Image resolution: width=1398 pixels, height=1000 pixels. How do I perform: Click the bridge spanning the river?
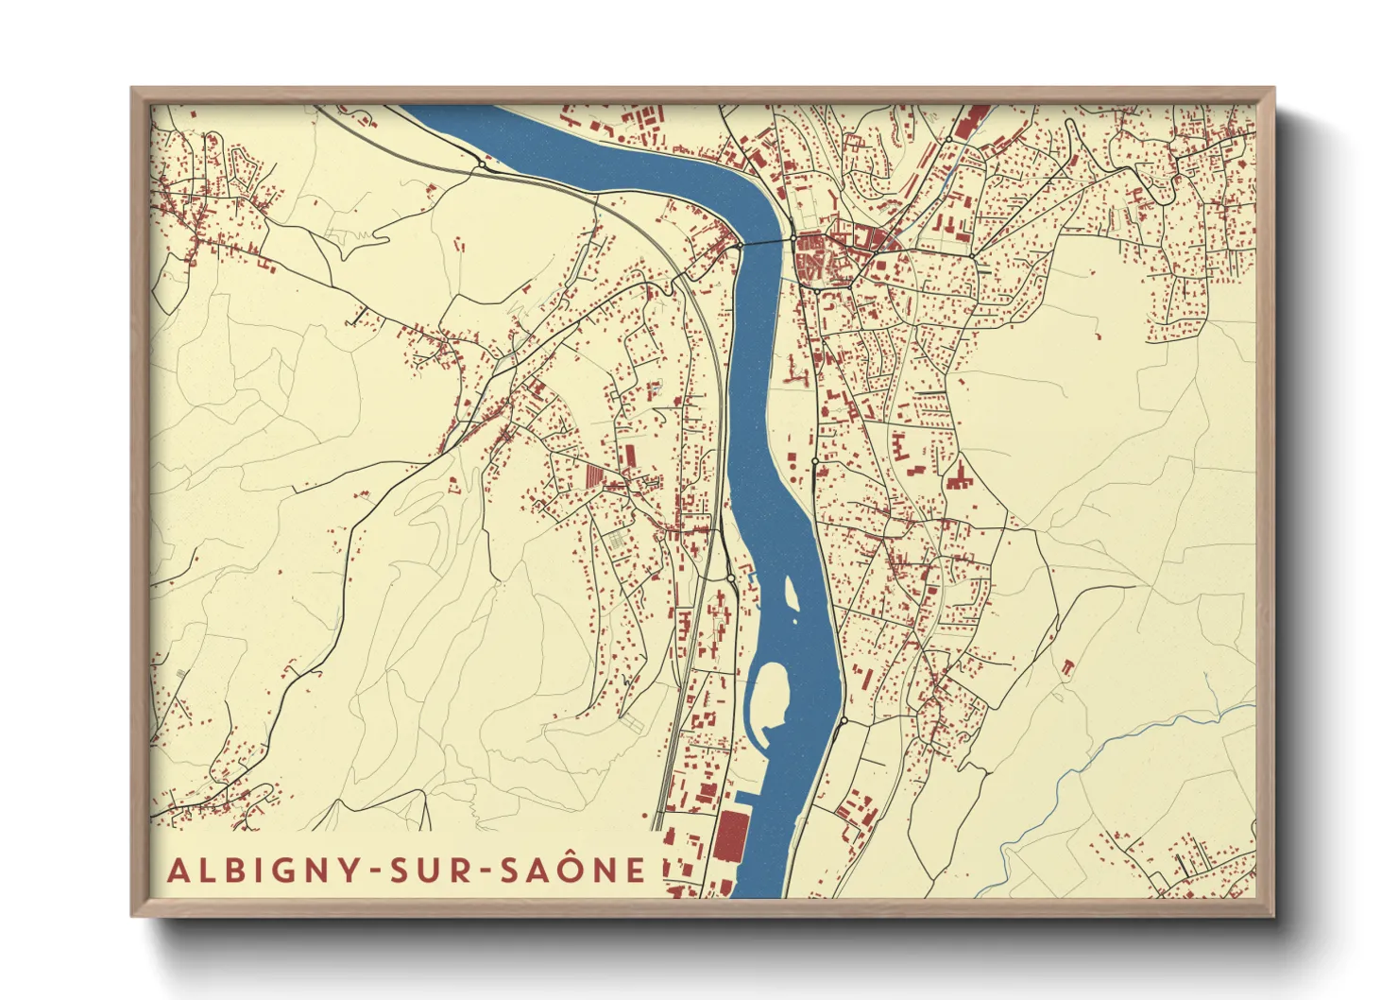click(x=765, y=243)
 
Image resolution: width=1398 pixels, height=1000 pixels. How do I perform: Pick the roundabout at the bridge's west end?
click(x=735, y=247)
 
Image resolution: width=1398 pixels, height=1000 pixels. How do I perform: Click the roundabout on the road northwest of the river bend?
click(x=482, y=164)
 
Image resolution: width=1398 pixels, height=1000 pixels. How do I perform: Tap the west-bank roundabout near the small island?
click(x=730, y=578)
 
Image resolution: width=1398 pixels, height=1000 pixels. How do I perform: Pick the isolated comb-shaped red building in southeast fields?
click(x=1067, y=667)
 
